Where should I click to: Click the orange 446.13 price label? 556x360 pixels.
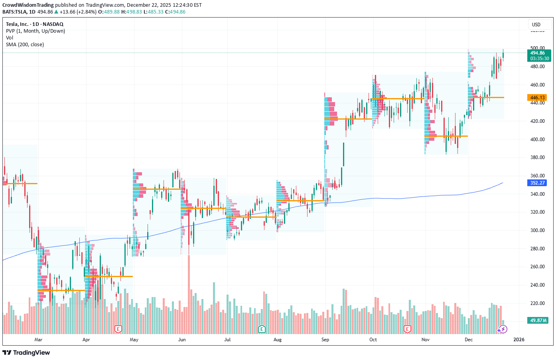point(537,98)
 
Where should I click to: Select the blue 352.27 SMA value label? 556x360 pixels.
point(537,183)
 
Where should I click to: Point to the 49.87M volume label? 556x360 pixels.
point(538,321)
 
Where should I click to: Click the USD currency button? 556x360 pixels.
point(536,25)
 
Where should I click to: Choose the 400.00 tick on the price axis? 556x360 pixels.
point(537,140)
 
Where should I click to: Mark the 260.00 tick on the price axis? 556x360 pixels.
point(537,267)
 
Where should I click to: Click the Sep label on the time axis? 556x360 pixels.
point(325,340)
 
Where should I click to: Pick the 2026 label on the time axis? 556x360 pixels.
point(519,340)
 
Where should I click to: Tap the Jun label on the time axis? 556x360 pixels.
point(182,340)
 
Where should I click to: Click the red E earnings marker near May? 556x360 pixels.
point(118,329)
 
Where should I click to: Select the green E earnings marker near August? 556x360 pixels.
point(262,329)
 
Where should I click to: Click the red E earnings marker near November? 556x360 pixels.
point(407,329)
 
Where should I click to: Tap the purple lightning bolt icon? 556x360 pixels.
point(503,329)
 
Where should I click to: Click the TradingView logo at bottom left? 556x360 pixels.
point(26,352)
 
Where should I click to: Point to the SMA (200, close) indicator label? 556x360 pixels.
point(25,45)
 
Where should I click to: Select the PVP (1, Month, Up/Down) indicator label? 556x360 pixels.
point(35,31)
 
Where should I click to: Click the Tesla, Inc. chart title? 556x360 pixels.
point(35,24)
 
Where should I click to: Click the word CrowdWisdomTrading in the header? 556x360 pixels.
point(28,5)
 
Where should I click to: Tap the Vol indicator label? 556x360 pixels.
point(10,38)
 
